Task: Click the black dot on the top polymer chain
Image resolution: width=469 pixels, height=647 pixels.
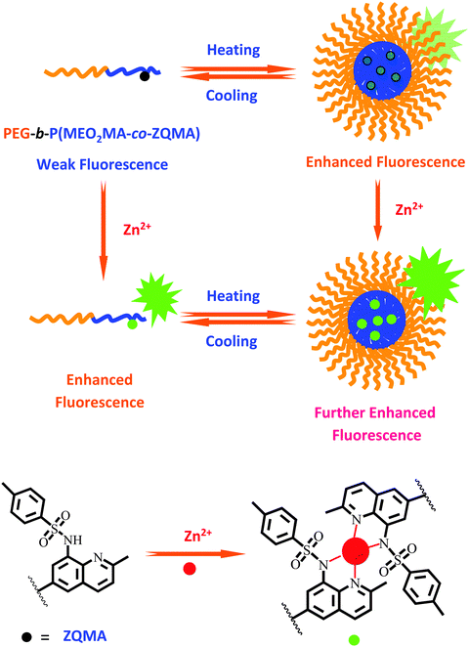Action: tap(145, 76)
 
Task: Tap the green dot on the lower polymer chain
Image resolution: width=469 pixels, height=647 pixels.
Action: tap(132, 324)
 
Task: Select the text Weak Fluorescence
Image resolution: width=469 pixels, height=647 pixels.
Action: tap(103, 164)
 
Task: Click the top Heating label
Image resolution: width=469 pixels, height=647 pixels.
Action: tap(234, 50)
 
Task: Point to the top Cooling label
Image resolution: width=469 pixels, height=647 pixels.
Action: tap(232, 96)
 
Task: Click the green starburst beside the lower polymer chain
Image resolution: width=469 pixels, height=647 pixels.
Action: tap(156, 298)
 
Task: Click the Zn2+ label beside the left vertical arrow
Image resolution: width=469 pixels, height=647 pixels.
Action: tap(137, 228)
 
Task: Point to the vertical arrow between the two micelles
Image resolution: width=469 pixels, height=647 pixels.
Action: tap(377, 209)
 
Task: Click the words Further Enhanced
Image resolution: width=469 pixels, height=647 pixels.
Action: tap(375, 412)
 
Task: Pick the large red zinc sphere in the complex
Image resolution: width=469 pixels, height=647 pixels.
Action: tap(355, 550)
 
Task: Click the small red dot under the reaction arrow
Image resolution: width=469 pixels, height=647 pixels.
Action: tap(190, 569)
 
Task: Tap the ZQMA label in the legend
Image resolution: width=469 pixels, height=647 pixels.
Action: tap(85, 636)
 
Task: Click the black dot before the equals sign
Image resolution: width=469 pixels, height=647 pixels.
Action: tap(26, 636)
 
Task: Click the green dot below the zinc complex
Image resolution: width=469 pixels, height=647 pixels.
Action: tap(354, 639)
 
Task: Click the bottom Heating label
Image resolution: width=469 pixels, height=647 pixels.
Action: tap(234, 296)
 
